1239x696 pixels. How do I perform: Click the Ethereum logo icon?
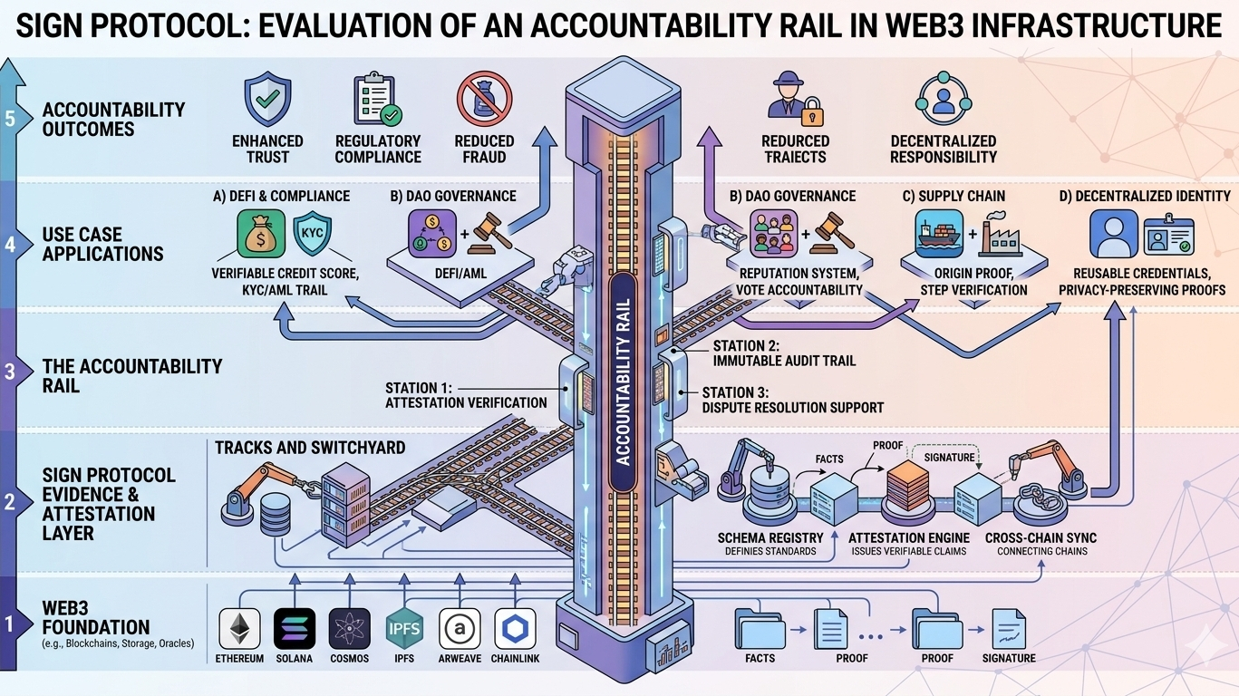[x=240, y=627]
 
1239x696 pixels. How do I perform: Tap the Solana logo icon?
[x=295, y=627]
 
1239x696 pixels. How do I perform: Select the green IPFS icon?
[x=402, y=627]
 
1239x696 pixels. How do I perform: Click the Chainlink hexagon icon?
[x=515, y=627]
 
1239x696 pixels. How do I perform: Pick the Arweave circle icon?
[x=459, y=627]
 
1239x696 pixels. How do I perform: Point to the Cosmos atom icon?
[x=349, y=627]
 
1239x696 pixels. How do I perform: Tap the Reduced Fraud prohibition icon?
[x=484, y=99]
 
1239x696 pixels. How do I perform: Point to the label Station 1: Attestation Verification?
[x=466, y=395]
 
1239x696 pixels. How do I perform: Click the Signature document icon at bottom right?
[x=1007, y=627]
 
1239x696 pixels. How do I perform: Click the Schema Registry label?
[x=770, y=537]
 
